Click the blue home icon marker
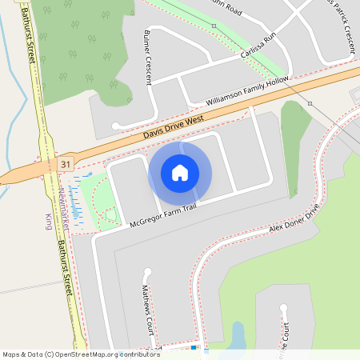(x=180, y=172)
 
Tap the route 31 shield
(x=65, y=164)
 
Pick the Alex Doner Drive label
(x=294, y=217)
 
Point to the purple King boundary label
(x=48, y=222)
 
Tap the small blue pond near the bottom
(x=238, y=335)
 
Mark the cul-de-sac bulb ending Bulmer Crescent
(x=118, y=125)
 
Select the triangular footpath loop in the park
(x=109, y=214)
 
